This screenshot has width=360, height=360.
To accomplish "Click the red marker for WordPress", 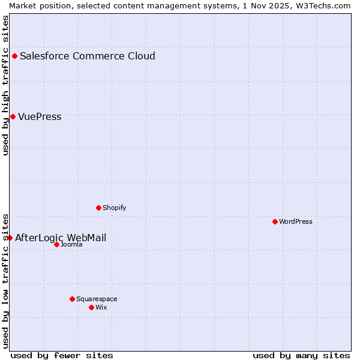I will pos(275,221).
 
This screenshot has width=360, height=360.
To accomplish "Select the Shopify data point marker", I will pos(98,208).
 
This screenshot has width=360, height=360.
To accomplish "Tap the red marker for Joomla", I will pos(56,244).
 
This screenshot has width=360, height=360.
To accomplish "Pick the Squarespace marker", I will pos(72,299).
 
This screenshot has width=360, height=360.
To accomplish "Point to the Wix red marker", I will pos(91,307).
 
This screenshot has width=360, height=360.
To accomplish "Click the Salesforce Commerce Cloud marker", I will pos(14,56).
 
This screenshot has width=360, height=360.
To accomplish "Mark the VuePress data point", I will pos(13,116).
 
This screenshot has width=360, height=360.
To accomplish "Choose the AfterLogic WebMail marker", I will pos(10,238).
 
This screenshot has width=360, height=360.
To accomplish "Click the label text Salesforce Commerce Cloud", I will pos(87,56).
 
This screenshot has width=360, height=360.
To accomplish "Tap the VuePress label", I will pos(40,117).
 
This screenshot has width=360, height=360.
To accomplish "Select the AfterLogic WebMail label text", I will pos(61,238).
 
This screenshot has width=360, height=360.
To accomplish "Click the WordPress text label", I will pos(296,221).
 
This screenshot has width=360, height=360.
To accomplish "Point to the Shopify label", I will pos(114,208).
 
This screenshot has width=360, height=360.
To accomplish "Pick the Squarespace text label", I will pos(97,299).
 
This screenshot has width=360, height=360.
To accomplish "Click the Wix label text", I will pos(101,307).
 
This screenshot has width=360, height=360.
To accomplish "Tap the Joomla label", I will pos(71,244).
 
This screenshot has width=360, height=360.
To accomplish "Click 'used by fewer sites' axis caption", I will pos(62,355).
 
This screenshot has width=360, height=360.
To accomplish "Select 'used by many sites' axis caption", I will pos(301,355).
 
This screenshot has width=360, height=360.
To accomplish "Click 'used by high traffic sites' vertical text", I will pos(6,85).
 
